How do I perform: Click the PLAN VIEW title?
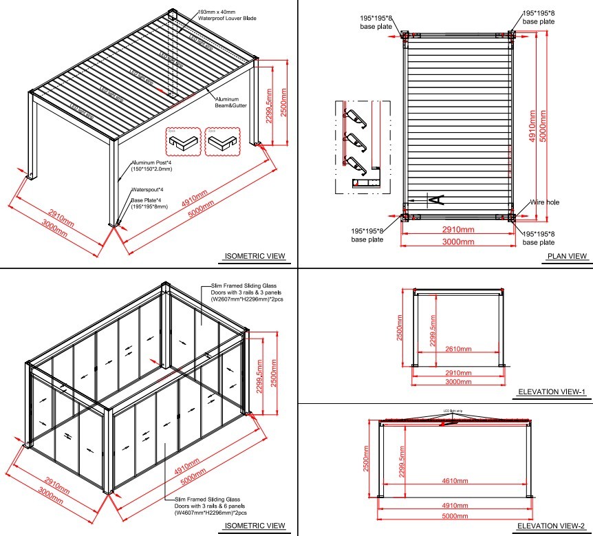[567, 257]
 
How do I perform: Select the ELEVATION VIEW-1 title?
[551, 393]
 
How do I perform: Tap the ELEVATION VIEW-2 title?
[551, 526]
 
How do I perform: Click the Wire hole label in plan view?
[543, 203]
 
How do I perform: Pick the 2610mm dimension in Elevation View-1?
[457, 349]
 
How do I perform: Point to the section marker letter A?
[435, 200]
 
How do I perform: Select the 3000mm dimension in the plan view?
[457, 242]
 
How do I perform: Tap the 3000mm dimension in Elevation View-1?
[457, 380]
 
